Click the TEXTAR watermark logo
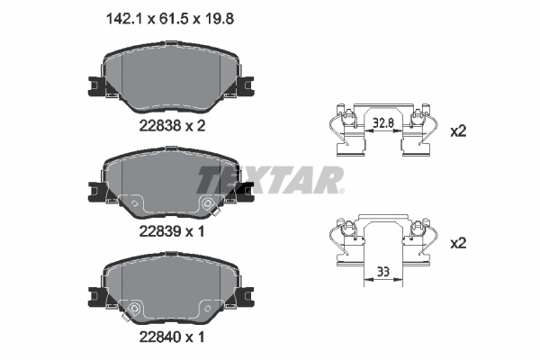coord(270,179)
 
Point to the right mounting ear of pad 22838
coord(245,86)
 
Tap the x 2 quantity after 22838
coord(196,126)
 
